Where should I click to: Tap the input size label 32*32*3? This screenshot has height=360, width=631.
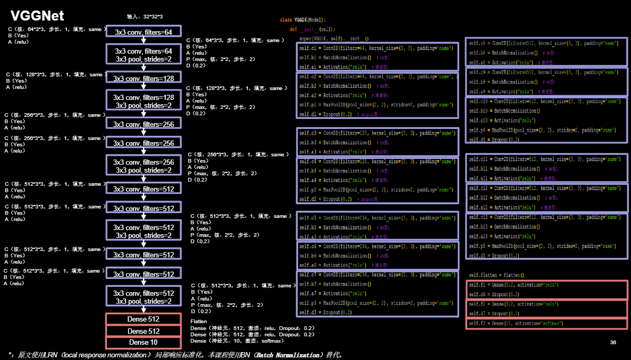tap(145, 17)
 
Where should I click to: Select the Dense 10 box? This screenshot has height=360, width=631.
tap(143, 343)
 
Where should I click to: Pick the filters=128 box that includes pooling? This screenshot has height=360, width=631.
tap(143, 102)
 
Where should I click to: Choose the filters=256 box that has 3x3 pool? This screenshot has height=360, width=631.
tap(143, 166)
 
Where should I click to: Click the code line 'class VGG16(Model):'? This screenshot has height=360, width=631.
tap(303, 19)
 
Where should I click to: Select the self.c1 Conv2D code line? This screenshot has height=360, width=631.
tap(376, 48)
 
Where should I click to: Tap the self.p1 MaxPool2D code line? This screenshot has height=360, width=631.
tap(376, 105)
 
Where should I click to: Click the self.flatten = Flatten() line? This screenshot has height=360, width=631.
tap(496, 275)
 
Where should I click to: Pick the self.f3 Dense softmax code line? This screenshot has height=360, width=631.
tap(516, 323)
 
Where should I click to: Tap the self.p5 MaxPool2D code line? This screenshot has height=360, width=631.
tap(542, 246)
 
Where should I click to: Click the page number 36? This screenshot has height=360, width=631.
tap(613, 343)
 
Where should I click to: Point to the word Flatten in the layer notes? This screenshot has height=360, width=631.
tap(199, 321)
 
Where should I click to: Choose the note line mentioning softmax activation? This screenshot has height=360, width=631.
tap(237, 341)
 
